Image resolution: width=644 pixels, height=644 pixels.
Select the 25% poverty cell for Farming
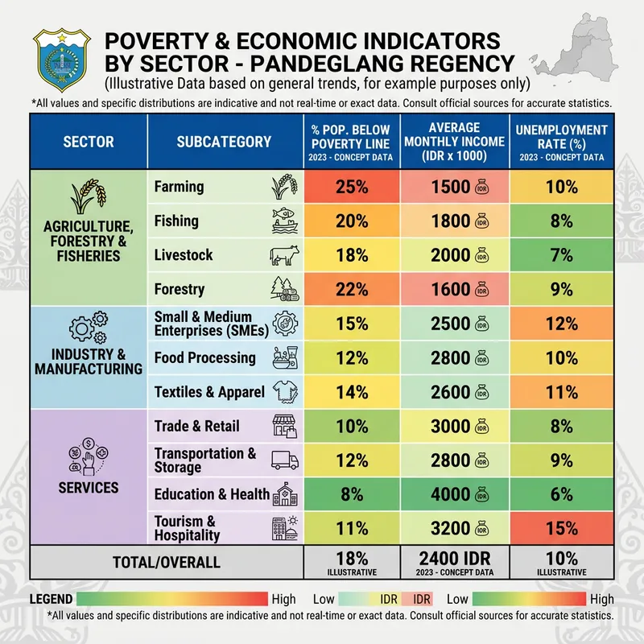[352, 187]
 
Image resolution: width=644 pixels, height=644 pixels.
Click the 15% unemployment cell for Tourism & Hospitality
[560, 528]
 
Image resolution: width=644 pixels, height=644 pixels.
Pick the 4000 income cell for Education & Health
[455, 494]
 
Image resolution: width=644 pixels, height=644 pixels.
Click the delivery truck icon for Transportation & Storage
[286, 460]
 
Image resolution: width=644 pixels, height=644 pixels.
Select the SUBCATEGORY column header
[224, 142]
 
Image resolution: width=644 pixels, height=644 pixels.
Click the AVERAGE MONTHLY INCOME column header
[455, 142]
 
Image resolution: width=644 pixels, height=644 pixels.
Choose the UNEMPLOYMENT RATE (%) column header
[560, 142]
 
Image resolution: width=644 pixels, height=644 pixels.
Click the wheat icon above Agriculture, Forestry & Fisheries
[88, 198]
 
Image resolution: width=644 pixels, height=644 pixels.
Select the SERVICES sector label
[88, 487]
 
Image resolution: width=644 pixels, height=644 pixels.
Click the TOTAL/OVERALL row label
[166, 563]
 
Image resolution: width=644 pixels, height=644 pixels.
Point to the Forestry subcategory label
[179, 289]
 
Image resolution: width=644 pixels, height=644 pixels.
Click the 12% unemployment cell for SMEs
[560, 324]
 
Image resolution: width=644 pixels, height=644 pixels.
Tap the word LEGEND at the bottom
[52, 599]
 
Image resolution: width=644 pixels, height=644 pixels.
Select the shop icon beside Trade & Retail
[286, 426]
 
